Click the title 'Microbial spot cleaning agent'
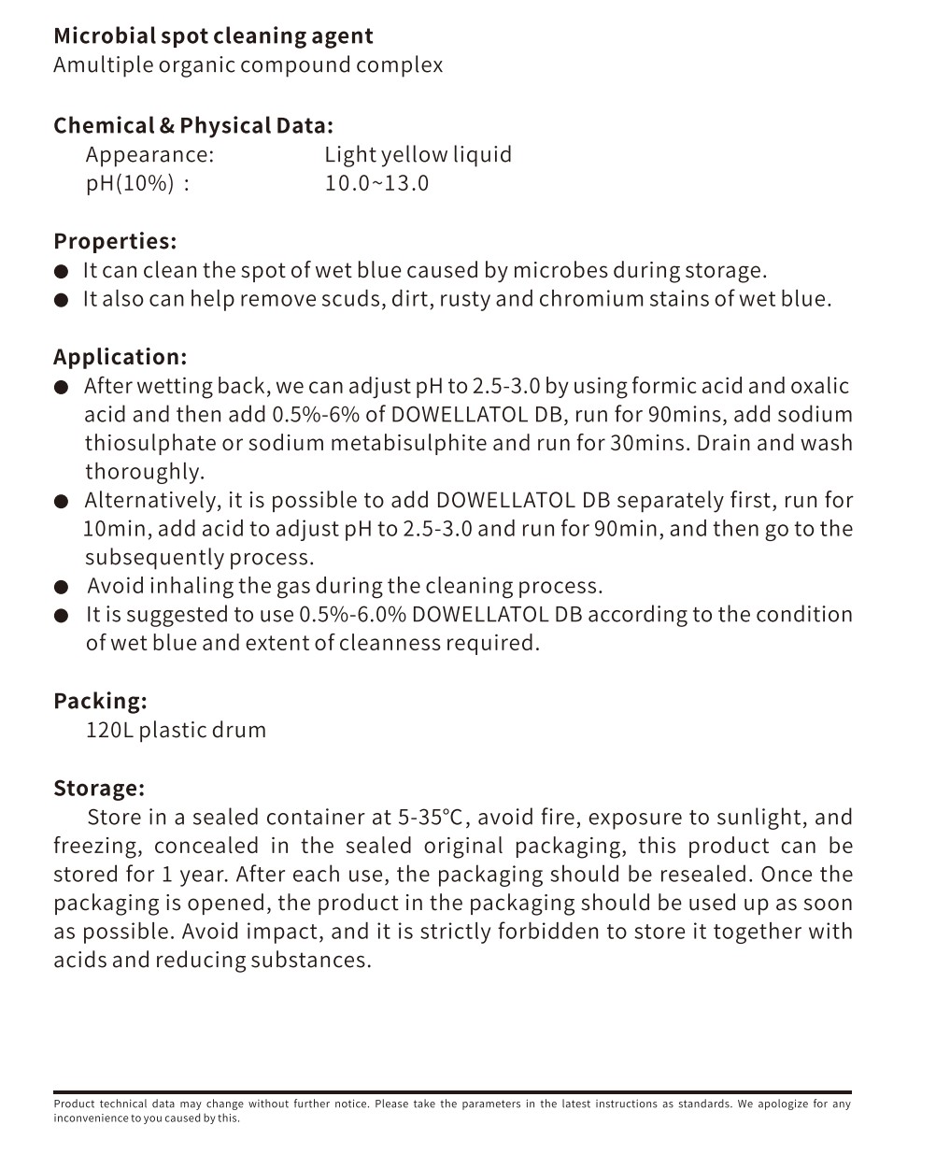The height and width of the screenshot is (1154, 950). click(213, 36)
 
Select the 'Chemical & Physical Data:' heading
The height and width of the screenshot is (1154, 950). click(193, 126)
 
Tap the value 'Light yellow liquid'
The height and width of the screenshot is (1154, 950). click(418, 155)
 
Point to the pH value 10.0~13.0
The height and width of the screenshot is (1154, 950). click(376, 183)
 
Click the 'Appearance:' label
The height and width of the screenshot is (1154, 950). click(149, 155)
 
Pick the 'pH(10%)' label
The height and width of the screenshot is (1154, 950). click(130, 183)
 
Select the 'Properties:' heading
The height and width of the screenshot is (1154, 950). click(115, 242)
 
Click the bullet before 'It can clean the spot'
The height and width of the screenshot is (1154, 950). click(62, 272)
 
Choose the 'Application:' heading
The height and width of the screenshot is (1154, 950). click(120, 358)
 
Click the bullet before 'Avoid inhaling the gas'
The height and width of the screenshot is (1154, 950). click(62, 588)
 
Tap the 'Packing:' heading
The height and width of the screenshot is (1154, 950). click(100, 702)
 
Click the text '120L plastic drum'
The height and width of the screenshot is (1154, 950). click(176, 731)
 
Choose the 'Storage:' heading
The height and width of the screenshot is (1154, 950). click(99, 789)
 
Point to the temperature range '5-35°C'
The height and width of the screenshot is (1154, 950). click(431, 818)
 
